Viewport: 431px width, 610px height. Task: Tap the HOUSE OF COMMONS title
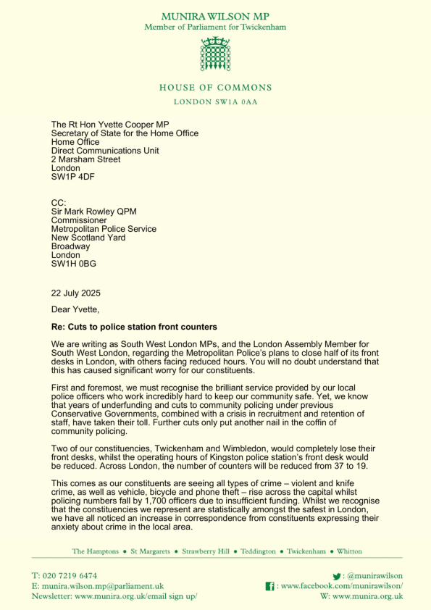pyautogui.click(x=215, y=88)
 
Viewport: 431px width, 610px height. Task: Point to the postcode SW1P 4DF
pyautogui.click(x=72, y=176)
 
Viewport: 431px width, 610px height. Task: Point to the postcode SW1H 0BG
pyautogui.click(x=73, y=264)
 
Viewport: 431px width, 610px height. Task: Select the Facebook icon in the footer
pyautogui.click(x=269, y=585)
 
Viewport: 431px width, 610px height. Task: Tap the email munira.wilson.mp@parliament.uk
pyautogui.click(x=103, y=585)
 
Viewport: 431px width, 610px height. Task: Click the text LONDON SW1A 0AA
pyautogui.click(x=215, y=102)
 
